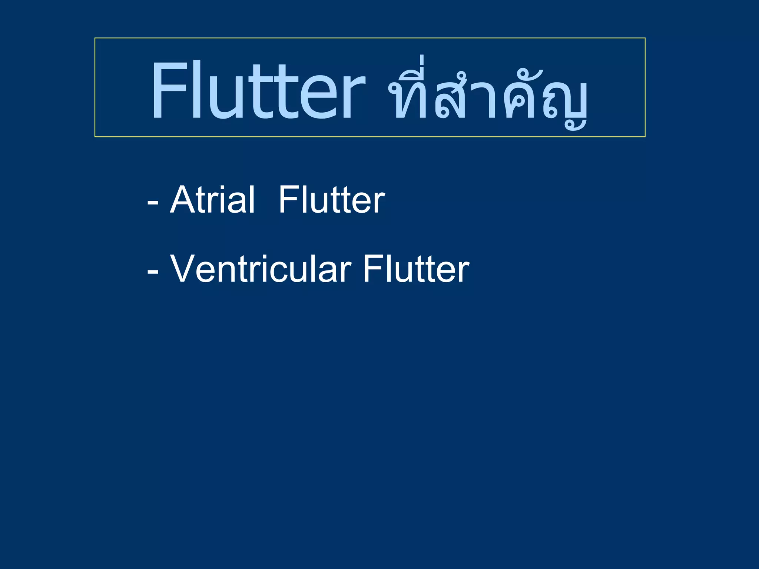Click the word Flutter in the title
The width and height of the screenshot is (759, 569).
point(258,90)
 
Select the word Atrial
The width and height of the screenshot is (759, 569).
point(212,200)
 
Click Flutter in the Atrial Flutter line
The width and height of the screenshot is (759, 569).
point(332,200)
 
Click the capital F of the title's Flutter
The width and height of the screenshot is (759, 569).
point(169,90)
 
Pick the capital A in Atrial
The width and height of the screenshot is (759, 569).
point(182,200)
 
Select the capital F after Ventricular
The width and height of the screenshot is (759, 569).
point(371,269)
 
